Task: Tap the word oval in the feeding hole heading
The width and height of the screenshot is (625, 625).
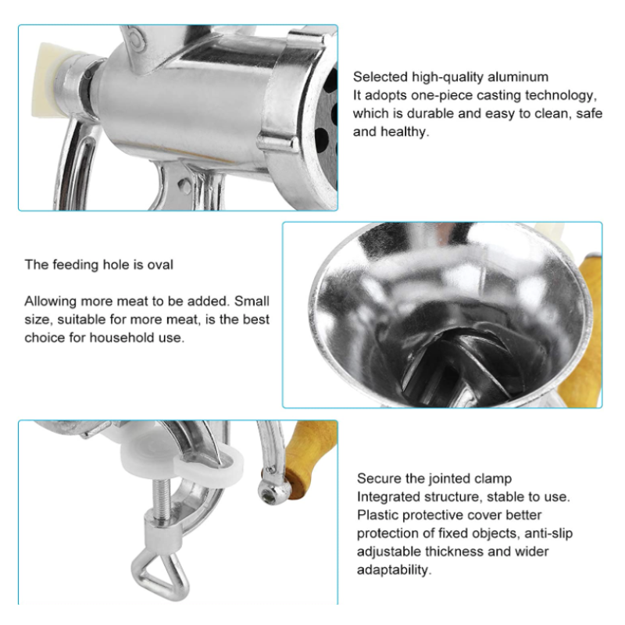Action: point(160,265)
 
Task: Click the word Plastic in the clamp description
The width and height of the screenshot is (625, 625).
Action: point(378,515)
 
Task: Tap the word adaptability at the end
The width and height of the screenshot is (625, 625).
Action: point(394,570)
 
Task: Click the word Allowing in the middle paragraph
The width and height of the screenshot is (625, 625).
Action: point(51,302)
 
